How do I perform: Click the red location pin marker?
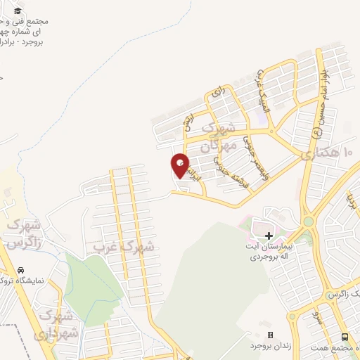click(180, 166)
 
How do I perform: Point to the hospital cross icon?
click(269, 235)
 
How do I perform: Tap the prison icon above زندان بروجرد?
click(270, 335)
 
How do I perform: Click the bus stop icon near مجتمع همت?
click(345, 337)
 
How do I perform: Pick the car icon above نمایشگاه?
click(22, 270)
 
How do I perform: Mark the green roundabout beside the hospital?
click(308, 221)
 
